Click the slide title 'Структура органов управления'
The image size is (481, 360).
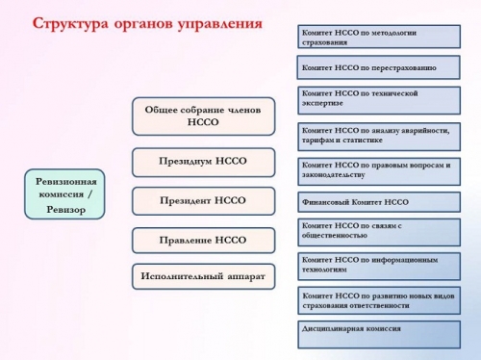(x=147, y=23)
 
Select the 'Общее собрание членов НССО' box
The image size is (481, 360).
(x=203, y=116)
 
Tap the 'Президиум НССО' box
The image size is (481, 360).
(x=203, y=161)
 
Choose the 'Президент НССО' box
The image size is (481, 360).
(x=203, y=200)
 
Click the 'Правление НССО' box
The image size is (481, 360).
(x=203, y=240)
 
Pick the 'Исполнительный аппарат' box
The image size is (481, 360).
(x=203, y=276)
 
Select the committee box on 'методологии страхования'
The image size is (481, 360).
(x=377, y=37)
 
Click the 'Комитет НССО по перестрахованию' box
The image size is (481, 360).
(x=377, y=68)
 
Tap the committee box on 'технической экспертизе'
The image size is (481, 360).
(x=377, y=100)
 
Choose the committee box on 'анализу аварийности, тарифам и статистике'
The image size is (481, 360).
(x=377, y=136)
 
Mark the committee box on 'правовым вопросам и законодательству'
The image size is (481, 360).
(x=377, y=170)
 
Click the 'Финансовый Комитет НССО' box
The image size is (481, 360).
(x=377, y=202)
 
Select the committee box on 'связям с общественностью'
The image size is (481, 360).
(x=377, y=231)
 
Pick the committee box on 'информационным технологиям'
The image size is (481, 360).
(x=377, y=265)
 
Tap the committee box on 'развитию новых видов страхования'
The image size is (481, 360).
(x=377, y=300)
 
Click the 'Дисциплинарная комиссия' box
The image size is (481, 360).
(x=377, y=333)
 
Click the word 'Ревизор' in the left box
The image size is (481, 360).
(x=65, y=210)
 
